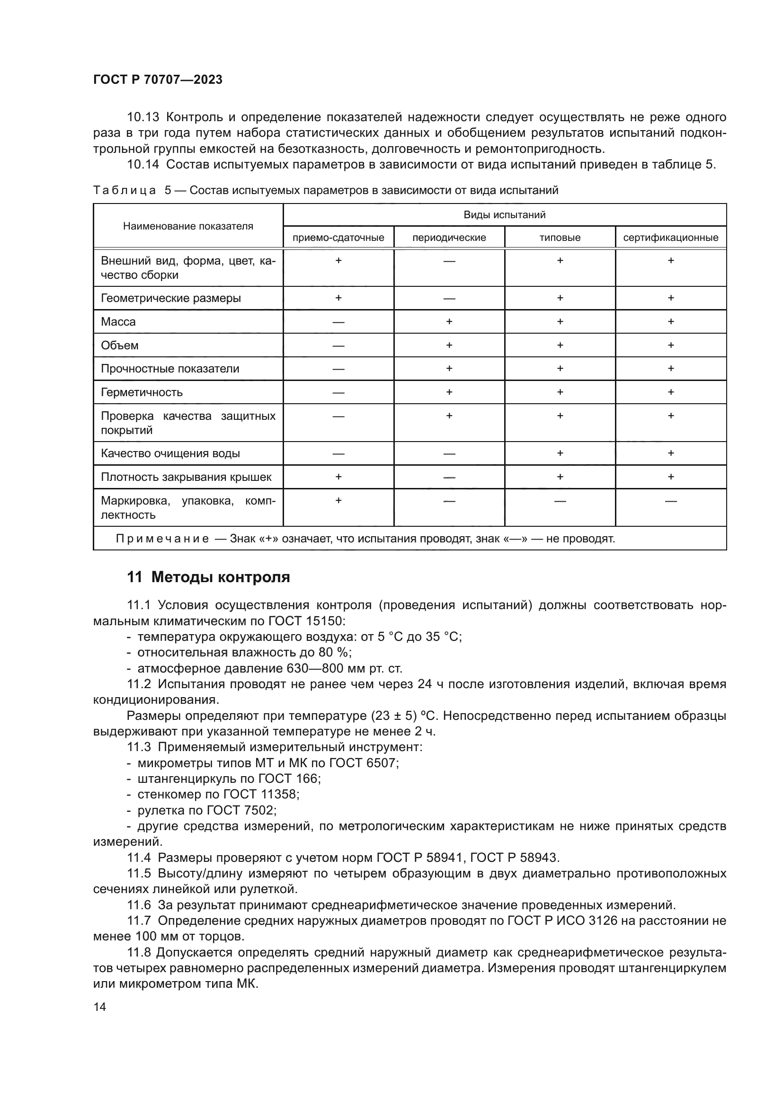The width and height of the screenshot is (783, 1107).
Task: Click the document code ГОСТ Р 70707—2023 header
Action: [x=158, y=80]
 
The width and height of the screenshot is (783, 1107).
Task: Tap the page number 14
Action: [x=100, y=1007]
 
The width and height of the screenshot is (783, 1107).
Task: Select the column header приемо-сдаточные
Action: [x=338, y=237]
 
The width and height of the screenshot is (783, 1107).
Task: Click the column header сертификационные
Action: [x=671, y=237]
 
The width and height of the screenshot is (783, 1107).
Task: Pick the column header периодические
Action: [x=449, y=237]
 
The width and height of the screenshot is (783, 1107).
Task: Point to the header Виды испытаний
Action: [x=504, y=214]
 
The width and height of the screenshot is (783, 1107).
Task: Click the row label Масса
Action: [x=118, y=321]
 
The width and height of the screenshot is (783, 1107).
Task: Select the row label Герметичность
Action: [x=142, y=392]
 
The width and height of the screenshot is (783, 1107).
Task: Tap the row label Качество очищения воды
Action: [x=170, y=453]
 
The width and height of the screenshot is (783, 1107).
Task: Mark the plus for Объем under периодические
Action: [x=449, y=345]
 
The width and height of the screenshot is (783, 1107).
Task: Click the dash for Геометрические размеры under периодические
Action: [x=449, y=299]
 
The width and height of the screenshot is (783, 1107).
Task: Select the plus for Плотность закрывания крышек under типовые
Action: [x=560, y=477]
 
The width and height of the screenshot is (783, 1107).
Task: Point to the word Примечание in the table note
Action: [x=162, y=539]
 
